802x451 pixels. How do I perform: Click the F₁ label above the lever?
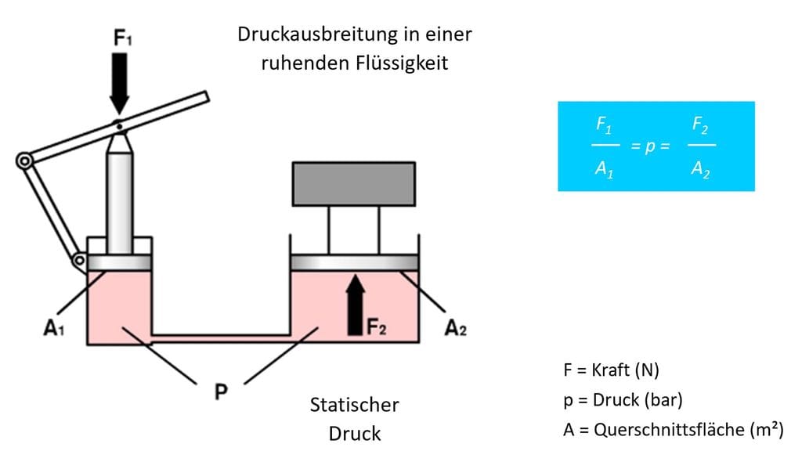pos(122,38)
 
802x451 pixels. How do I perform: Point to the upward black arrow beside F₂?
pos(356,305)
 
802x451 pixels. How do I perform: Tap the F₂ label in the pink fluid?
pos(377,327)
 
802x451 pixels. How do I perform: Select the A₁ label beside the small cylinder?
pos(54,327)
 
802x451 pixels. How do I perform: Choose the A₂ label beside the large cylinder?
pos(455,327)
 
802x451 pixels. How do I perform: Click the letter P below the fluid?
pos(221,391)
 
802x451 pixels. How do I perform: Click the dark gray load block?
pos(354,184)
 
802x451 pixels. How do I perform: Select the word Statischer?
pos(355,405)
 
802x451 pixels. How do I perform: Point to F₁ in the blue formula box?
pos(604,125)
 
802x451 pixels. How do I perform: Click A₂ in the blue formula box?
pos(701,168)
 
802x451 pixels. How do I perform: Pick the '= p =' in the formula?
pos(650,146)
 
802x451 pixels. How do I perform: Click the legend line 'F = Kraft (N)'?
pos(611,370)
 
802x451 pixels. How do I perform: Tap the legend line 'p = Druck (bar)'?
pos(623,399)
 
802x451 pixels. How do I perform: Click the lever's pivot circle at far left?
pos(24,161)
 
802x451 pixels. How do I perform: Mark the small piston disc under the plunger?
pos(119,262)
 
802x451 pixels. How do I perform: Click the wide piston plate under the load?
pos(355,262)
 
